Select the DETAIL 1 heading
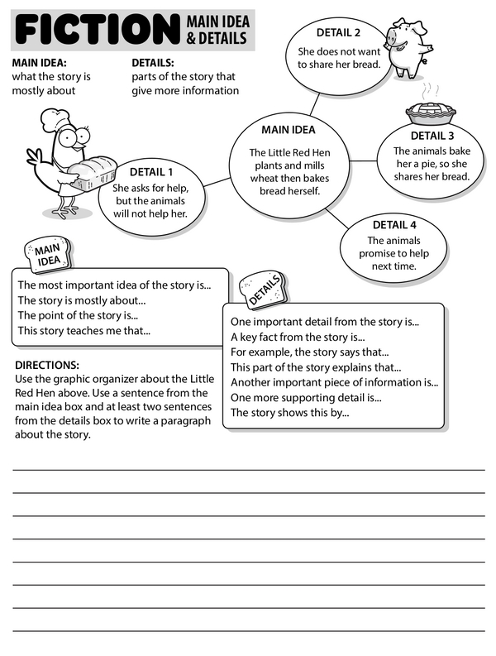150,172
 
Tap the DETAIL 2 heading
338,33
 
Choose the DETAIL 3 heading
432,136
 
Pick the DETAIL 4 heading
393,224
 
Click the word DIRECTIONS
47,365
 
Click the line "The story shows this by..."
289,412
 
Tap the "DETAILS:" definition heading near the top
152,62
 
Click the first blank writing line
248,469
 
